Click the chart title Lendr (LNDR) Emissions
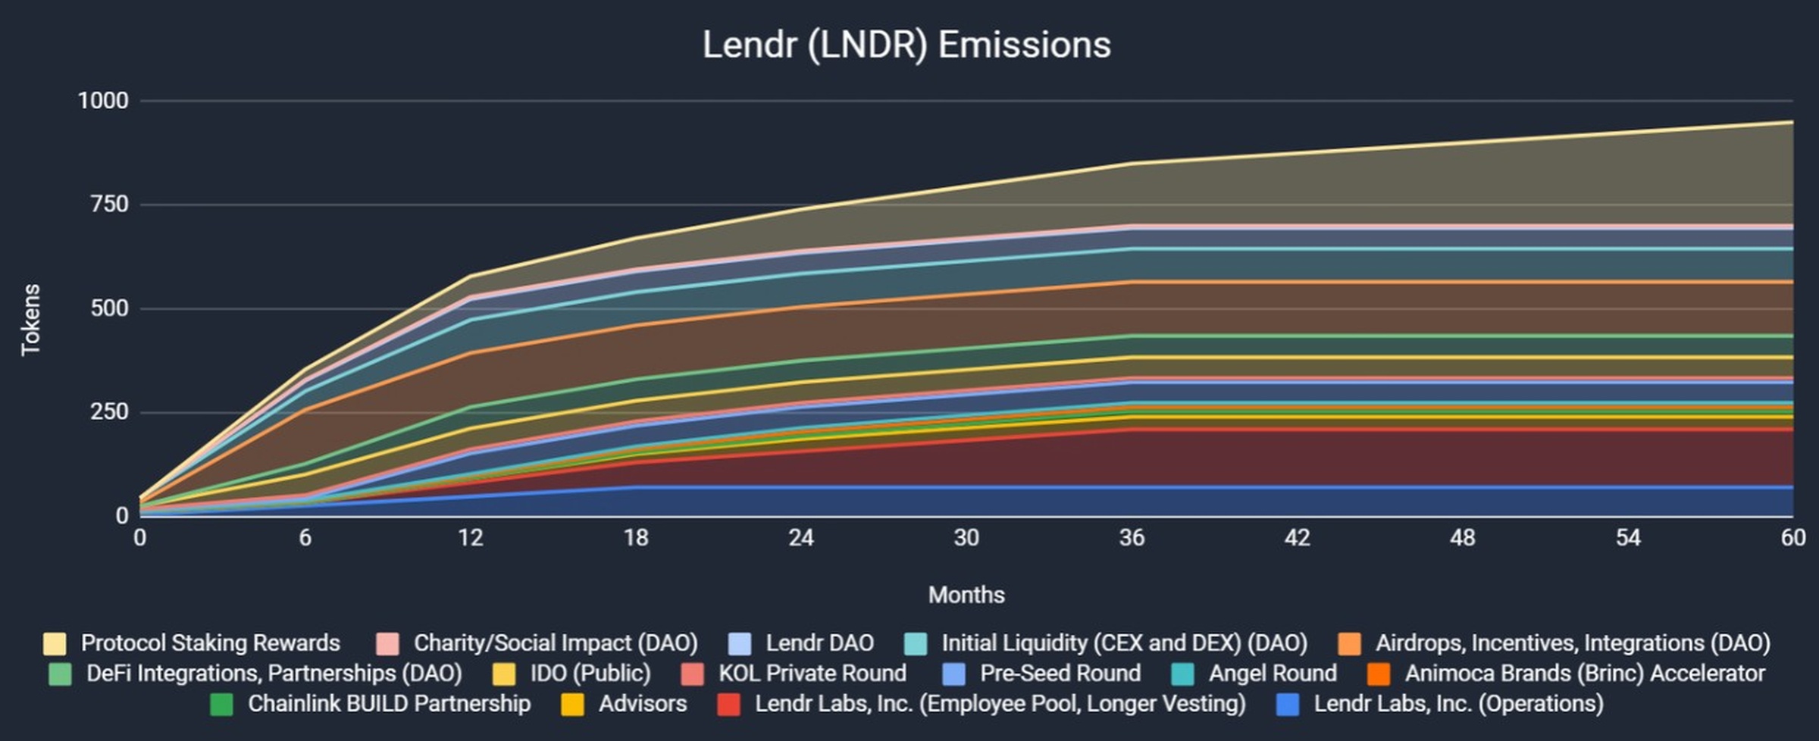click(x=906, y=45)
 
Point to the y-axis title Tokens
click(x=30, y=320)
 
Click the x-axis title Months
click(x=966, y=595)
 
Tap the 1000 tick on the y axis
click(x=103, y=101)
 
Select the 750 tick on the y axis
click(x=109, y=205)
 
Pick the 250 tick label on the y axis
click(x=109, y=412)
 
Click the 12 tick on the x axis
click(x=470, y=538)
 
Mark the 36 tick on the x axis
click(x=1132, y=538)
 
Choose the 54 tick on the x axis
click(x=1628, y=538)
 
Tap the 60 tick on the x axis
click(x=1793, y=538)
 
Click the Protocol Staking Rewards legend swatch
click(x=55, y=643)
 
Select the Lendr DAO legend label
click(x=819, y=643)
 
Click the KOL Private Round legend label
click(x=812, y=674)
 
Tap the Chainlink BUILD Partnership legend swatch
click(x=221, y=704)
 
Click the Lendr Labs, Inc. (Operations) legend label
click(x=1458, y=704)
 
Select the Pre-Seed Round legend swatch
click(x=954, y=674)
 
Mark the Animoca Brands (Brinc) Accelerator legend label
click(x=1585, y=674)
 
